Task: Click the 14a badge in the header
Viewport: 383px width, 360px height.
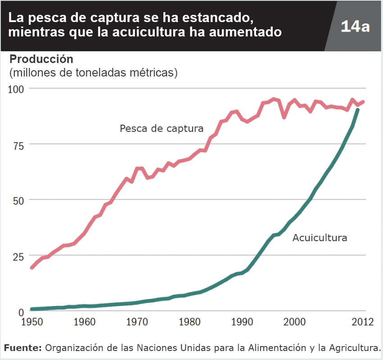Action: click(355, 26)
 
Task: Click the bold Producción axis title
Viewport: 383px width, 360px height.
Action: click(41, 59)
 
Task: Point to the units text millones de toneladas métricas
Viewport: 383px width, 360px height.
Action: click(94, 72)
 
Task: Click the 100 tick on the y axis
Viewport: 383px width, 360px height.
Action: click(17, 88)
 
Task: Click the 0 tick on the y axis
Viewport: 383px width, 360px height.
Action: click(22, 312)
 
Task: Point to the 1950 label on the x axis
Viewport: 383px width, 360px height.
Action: click(32, 322)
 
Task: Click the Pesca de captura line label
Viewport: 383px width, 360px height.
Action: click(162, 129)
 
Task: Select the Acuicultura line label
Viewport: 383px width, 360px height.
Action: click(320, 238)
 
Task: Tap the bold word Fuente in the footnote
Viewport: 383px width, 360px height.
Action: click(23, 348)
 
